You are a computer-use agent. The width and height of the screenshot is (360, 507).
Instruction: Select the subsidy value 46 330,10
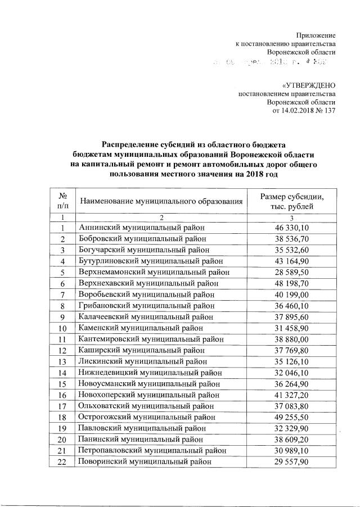pos(292,227)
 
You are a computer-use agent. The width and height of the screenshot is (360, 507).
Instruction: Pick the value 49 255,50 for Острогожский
pos(292,417)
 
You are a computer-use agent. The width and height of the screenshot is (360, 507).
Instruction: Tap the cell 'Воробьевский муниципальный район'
pos(147,294)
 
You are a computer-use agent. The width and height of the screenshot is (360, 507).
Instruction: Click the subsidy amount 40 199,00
pos(292,294)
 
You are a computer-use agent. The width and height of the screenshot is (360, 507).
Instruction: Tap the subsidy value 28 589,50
pos(292,272)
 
